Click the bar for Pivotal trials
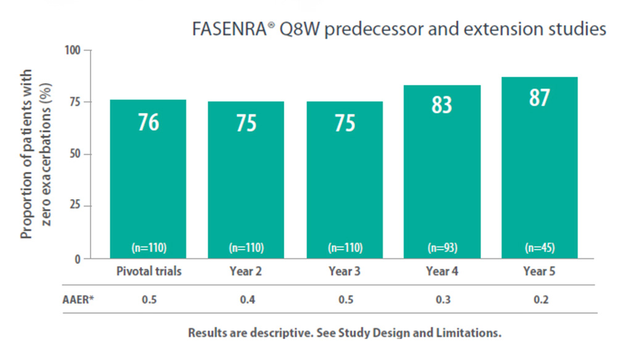coord(148,179)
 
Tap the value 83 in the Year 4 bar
coord(441,104)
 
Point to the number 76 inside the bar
coord(148,121)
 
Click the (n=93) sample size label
coord(441,248)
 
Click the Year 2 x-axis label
coord(246,271)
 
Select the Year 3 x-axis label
coord(344,271)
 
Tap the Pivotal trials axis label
coord(149,271)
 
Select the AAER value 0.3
coord(441,300)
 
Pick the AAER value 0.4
coord(246,300)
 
